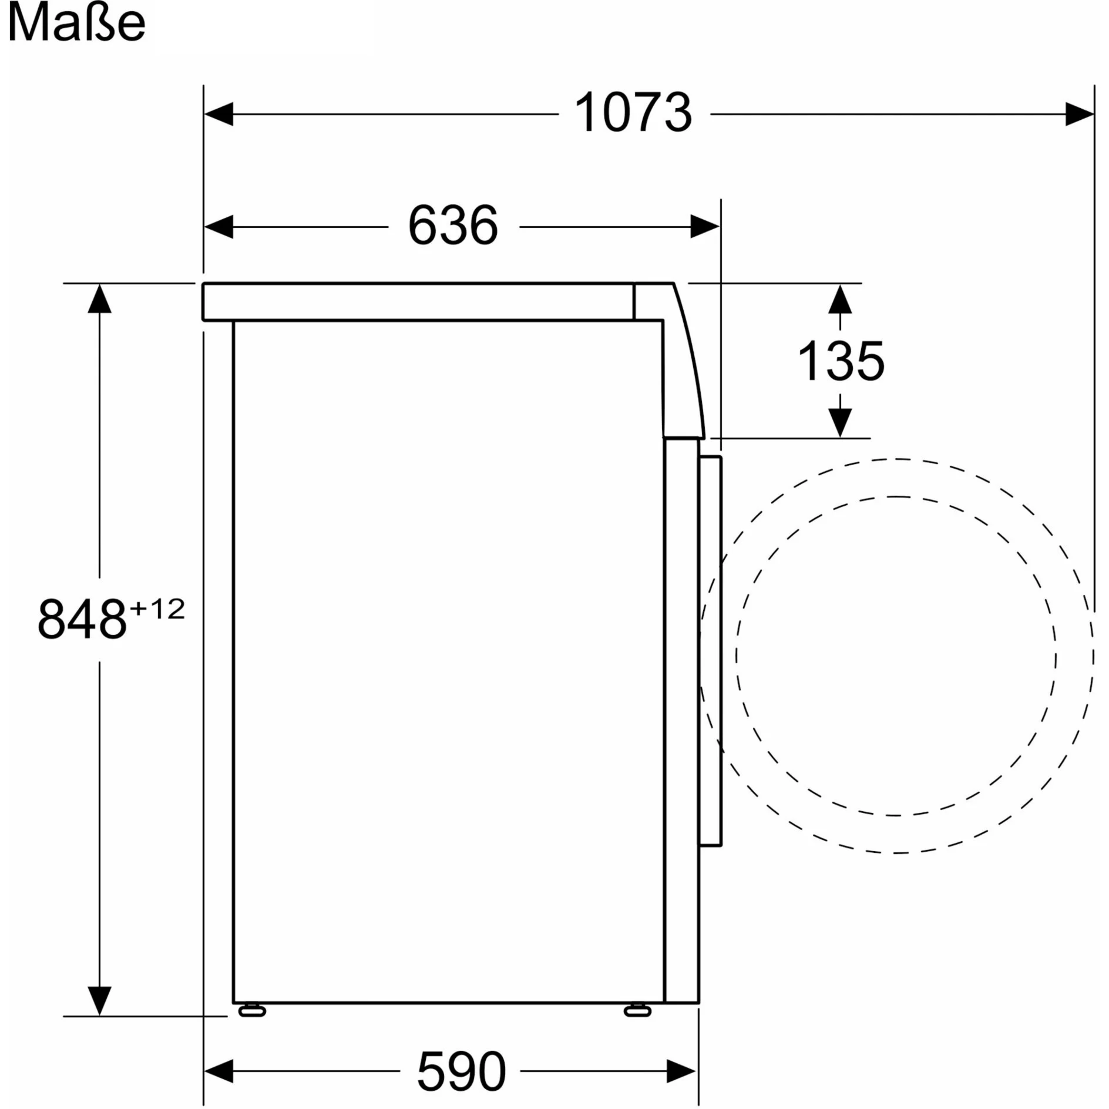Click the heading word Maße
click(x=76, y=23)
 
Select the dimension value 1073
click(x=633, y=113)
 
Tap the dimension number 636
click(x=453, y=226)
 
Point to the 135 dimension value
click(x=841, y=361)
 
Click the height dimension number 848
click(x=82, y=619)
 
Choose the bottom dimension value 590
click(x=461, y=1071)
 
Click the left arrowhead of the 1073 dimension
click(x=219, y=114)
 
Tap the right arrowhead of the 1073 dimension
click(x=1080, y=114)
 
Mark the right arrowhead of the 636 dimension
click(x=705, y=227)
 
